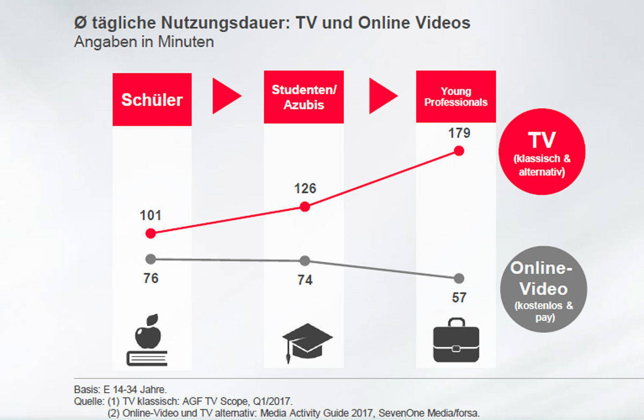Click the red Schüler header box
pyautogui.click(x=152, y=100)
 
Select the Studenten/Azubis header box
pyautogui.click(x=304, y=97)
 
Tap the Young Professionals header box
pyautogui.click(x=456, y=97)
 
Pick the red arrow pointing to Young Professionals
pyautogui.click(x=382, y=96)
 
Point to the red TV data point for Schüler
pyautogui.click(x=151, y=233)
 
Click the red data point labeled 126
pyautogui.click(x=304, y=207)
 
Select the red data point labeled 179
pyautogui.click(x=458, y=151)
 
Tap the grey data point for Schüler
pyautogui.click(x=151, y=259)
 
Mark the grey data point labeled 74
pyautogui.click(x=304, y=261)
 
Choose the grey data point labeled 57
pyautogui.click(x=458, y=278)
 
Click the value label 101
pyautogui.click(x=150, y=216)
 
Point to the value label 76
pyautogui.click(x=151, y=278)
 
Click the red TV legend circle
pyautogui.click(x=541, y=151)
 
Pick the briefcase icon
pyautogui.click(x=456, y=340)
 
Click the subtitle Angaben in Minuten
pyautogui.click(x=144, y=42)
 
